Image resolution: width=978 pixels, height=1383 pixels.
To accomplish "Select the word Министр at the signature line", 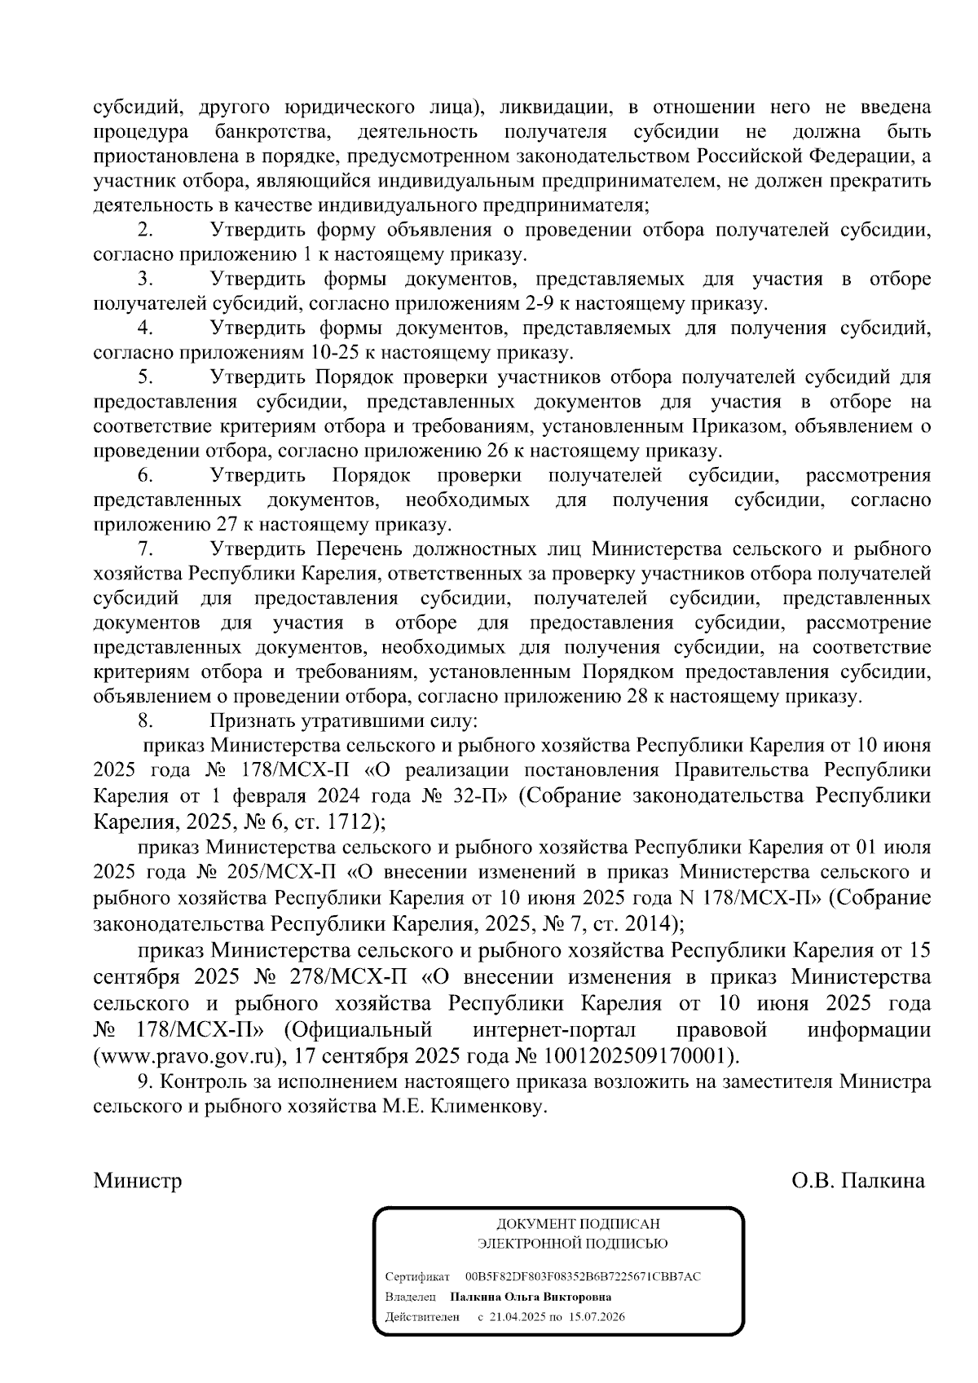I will [x=138, y=1181].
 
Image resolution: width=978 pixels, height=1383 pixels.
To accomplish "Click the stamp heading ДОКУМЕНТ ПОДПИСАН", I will [x=579, y=1224].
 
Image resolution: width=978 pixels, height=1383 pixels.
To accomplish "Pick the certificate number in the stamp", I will [x=582, y=1276].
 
